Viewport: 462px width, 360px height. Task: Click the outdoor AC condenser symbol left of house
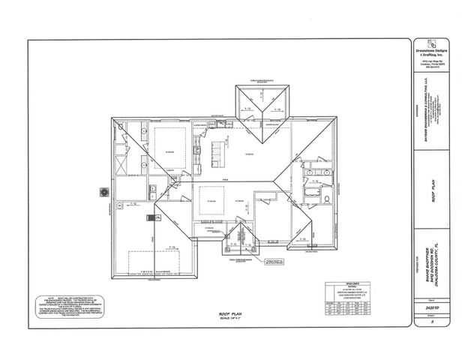[103, 193]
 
